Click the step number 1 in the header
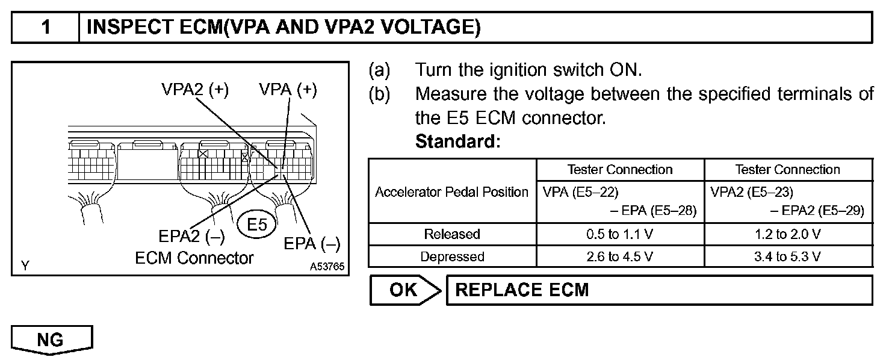click(45, 28)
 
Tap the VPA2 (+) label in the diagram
click(194, 90)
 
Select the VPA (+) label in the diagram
click(288, 90)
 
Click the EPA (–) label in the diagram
click(312, 244)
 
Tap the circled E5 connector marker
click(256, 225)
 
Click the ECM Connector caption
click(194, 258)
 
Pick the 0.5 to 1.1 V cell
click(620, 234)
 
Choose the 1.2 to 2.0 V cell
click(788, 234)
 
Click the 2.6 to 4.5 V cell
click(620, 256)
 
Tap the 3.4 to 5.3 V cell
click(788, 256)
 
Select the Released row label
click(452, 234)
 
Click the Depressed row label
click(452, 256)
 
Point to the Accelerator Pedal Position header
click(452, 192)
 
